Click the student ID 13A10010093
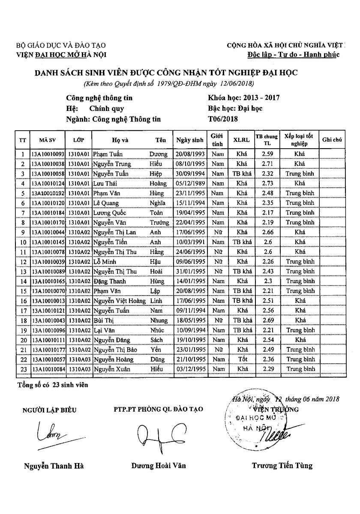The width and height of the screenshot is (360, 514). pos(48,154)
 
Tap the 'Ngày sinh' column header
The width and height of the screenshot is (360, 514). pos(189,140)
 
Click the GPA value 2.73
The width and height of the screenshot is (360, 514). pos(267,183)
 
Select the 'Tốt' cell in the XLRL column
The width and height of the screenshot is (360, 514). pos(242,359)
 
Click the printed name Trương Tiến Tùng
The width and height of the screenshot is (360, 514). pos(282,466)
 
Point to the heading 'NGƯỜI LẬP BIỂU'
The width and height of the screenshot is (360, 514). pos(49,410)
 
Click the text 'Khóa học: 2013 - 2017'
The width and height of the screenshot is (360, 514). pos(243,98)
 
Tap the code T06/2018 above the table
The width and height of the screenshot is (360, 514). pos(222,119)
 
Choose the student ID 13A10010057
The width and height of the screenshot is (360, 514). pos(48,359)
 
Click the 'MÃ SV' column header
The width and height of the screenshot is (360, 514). pos(48,140)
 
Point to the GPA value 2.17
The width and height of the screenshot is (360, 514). pos(267,212)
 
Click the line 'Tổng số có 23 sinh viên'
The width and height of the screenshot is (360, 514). pos(53,385)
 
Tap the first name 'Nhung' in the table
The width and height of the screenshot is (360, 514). pos(159,320)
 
